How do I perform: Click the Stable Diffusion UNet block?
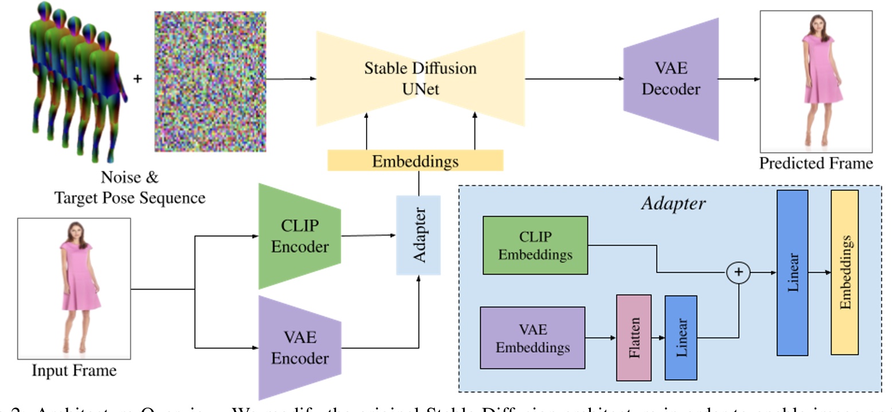click(x=420, y=79)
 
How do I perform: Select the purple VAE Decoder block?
click(x=671, y=79)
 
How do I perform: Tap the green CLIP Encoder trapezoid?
click(x=299, y=236)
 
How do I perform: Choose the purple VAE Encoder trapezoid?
click(x=299, y=348)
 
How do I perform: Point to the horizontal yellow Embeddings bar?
click(x=415, y=160)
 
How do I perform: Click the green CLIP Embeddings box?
click(x=535, y=245)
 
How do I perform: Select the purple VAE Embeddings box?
click(x=532, y=338)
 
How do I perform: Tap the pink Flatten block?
click(x=633, y=337)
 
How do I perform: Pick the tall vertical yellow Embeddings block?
click(x=844, y=272)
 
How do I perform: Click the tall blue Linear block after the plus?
click(x=792, y=272)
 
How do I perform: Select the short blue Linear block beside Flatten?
click(x=681, y=338)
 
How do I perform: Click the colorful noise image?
click(x=210, y=82)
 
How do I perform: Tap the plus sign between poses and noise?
click(x=137, y=78)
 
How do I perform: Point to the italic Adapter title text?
click(x=673, y=203)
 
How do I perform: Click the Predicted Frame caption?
click(x=816, y=163)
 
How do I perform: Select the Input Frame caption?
click(x=74, y=371)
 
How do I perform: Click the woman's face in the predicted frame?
click(x=816, y=24)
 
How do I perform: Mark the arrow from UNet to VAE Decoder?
click(x=574, y=79)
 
